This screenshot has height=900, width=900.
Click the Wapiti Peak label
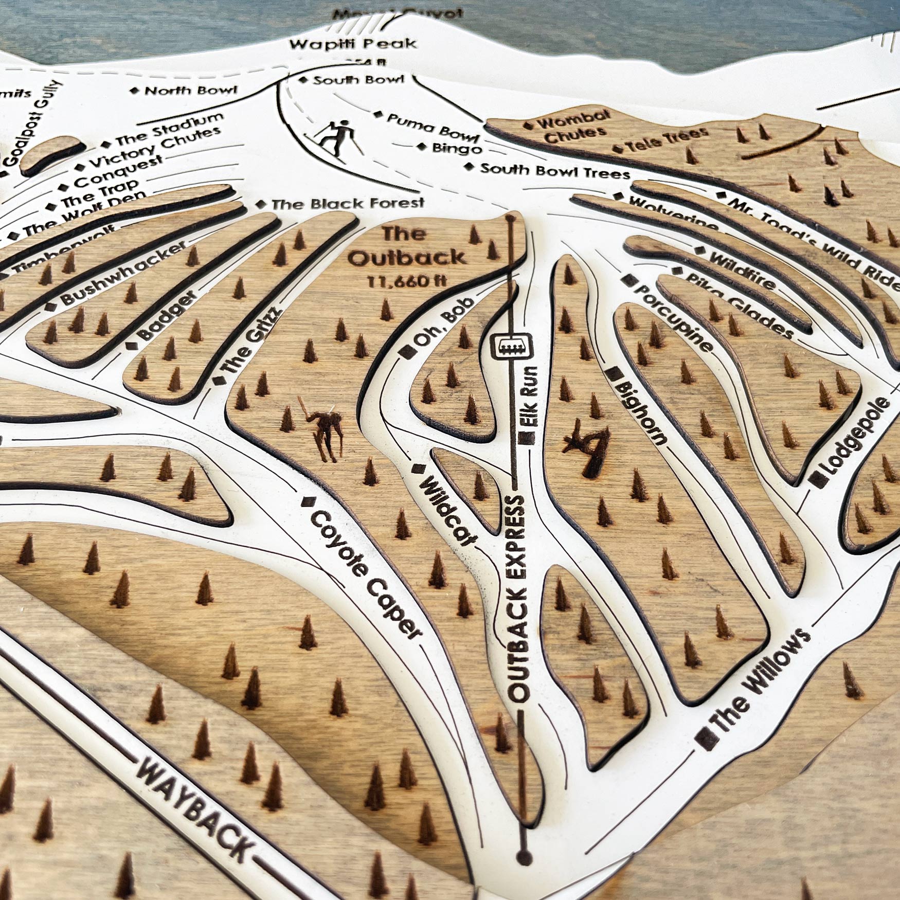point(353,45)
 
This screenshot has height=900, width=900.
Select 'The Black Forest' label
point(348,204)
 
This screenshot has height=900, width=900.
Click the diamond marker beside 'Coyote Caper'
point(308,501)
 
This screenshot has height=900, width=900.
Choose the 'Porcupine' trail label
point(674,319)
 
